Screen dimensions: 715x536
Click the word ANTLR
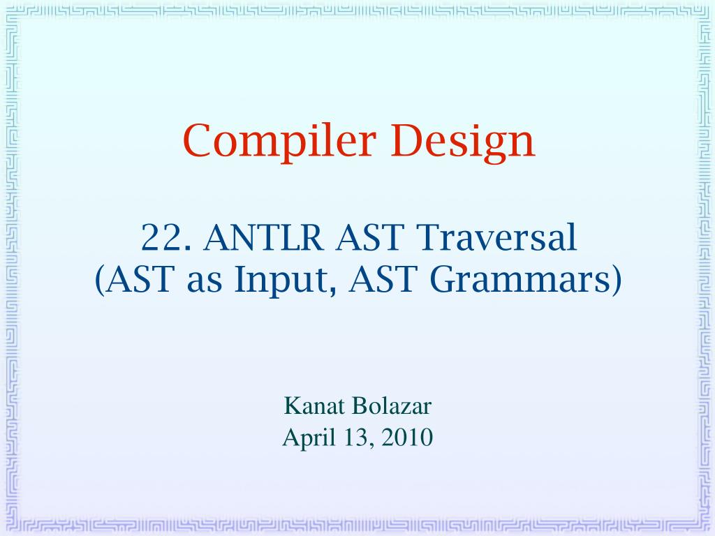pos(263,237)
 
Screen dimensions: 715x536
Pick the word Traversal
pos(497,237)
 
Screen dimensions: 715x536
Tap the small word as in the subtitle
pos(205,283)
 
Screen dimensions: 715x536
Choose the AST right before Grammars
pos(383,279)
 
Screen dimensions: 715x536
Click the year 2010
pos(407,438)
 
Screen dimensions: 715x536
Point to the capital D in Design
pos(406,141)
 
